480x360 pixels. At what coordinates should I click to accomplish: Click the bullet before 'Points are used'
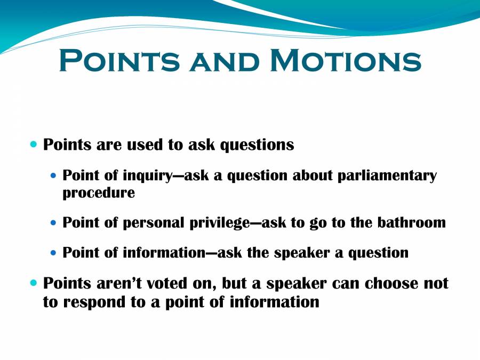pos(35,144)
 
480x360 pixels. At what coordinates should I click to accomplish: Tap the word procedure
pos(99,193)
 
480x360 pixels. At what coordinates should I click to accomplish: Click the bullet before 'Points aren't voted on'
pos(35,283)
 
